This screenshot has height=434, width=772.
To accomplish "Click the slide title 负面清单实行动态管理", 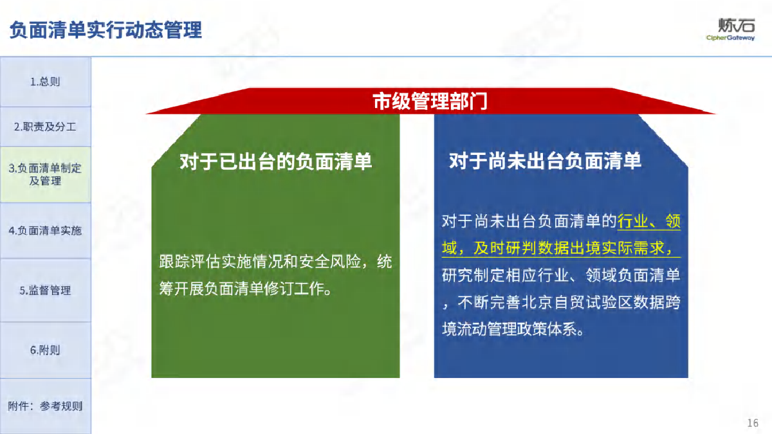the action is click(x=106, y=30).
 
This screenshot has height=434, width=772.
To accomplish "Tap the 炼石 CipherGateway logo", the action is click(x=730, y=30).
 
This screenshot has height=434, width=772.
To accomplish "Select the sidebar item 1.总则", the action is click(x=45, y=82).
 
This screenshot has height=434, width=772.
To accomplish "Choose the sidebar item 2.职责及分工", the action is click(x=45, y=127).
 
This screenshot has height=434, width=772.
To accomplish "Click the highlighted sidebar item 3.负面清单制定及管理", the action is click(x=45, y=174).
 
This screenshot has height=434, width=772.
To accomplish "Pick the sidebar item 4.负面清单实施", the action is click(x=45, y=230).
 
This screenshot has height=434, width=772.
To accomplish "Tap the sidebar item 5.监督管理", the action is click(x=45, y=291).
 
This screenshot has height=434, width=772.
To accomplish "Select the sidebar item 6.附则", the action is click(x=45, y=350).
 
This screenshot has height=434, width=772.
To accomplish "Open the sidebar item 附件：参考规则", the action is click(x=45, y=406).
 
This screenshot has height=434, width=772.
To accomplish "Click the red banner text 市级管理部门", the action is click(x=430, y=102).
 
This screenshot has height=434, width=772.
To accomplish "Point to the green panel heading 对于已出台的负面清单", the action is click(x=276, y=161).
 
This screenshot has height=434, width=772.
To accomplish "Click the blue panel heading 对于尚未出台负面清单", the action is click(x=546, y=161).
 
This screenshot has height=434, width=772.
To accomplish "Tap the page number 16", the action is click(x=753, y=423).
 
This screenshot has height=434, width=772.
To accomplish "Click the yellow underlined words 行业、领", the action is click(x=649, y=221).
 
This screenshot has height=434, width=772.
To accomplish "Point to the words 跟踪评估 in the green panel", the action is click(x=190, y=262).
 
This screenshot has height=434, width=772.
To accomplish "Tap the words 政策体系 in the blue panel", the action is click(x=546, y=329).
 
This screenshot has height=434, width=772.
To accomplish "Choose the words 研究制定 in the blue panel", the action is click(x=473, y=275).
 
